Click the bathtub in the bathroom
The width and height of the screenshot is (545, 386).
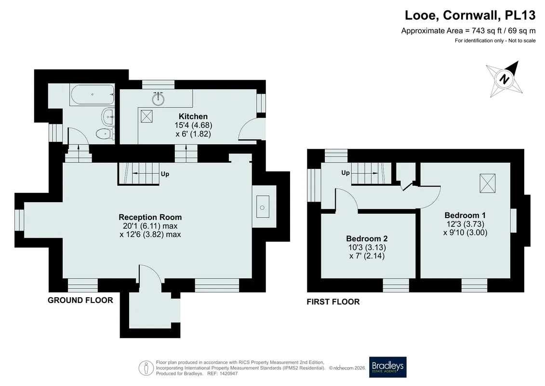tap(92, 94)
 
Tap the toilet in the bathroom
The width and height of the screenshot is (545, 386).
tap(106, 134)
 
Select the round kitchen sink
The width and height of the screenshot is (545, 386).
tap(158, 98)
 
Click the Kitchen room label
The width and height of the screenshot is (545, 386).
tap(193, 116)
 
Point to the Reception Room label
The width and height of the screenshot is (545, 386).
tap(150, 217)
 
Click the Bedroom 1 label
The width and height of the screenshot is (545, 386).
tap(465, 215)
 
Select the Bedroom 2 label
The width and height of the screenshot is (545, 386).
tap(367, 238)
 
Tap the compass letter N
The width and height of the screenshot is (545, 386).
tap(504, 79)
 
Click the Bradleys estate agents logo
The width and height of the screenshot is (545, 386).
tap(387, 367)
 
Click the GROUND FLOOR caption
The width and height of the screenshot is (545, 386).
tap(80, 301)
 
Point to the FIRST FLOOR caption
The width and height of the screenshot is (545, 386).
tap(333, 302)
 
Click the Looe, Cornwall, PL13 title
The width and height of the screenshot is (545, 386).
tap(470, 15)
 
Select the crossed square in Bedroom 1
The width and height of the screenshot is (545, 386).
tap(488, 183)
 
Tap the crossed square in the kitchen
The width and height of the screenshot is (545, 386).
tap(146, 116)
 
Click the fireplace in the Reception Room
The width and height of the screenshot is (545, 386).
tap(263, 207)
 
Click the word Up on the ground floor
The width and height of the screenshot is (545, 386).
tap(165, 174)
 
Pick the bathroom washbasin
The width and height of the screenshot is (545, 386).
tap(108, 116)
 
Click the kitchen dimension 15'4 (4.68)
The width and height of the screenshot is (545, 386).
tap(193, 125)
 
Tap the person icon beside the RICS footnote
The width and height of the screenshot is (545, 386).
tap(146, 368)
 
